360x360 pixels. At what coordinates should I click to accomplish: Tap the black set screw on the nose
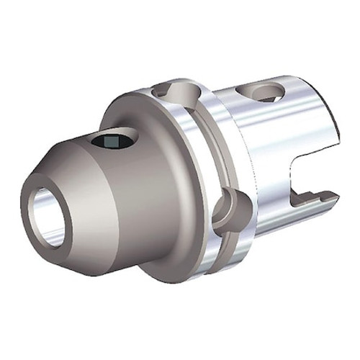click(114, 142)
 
